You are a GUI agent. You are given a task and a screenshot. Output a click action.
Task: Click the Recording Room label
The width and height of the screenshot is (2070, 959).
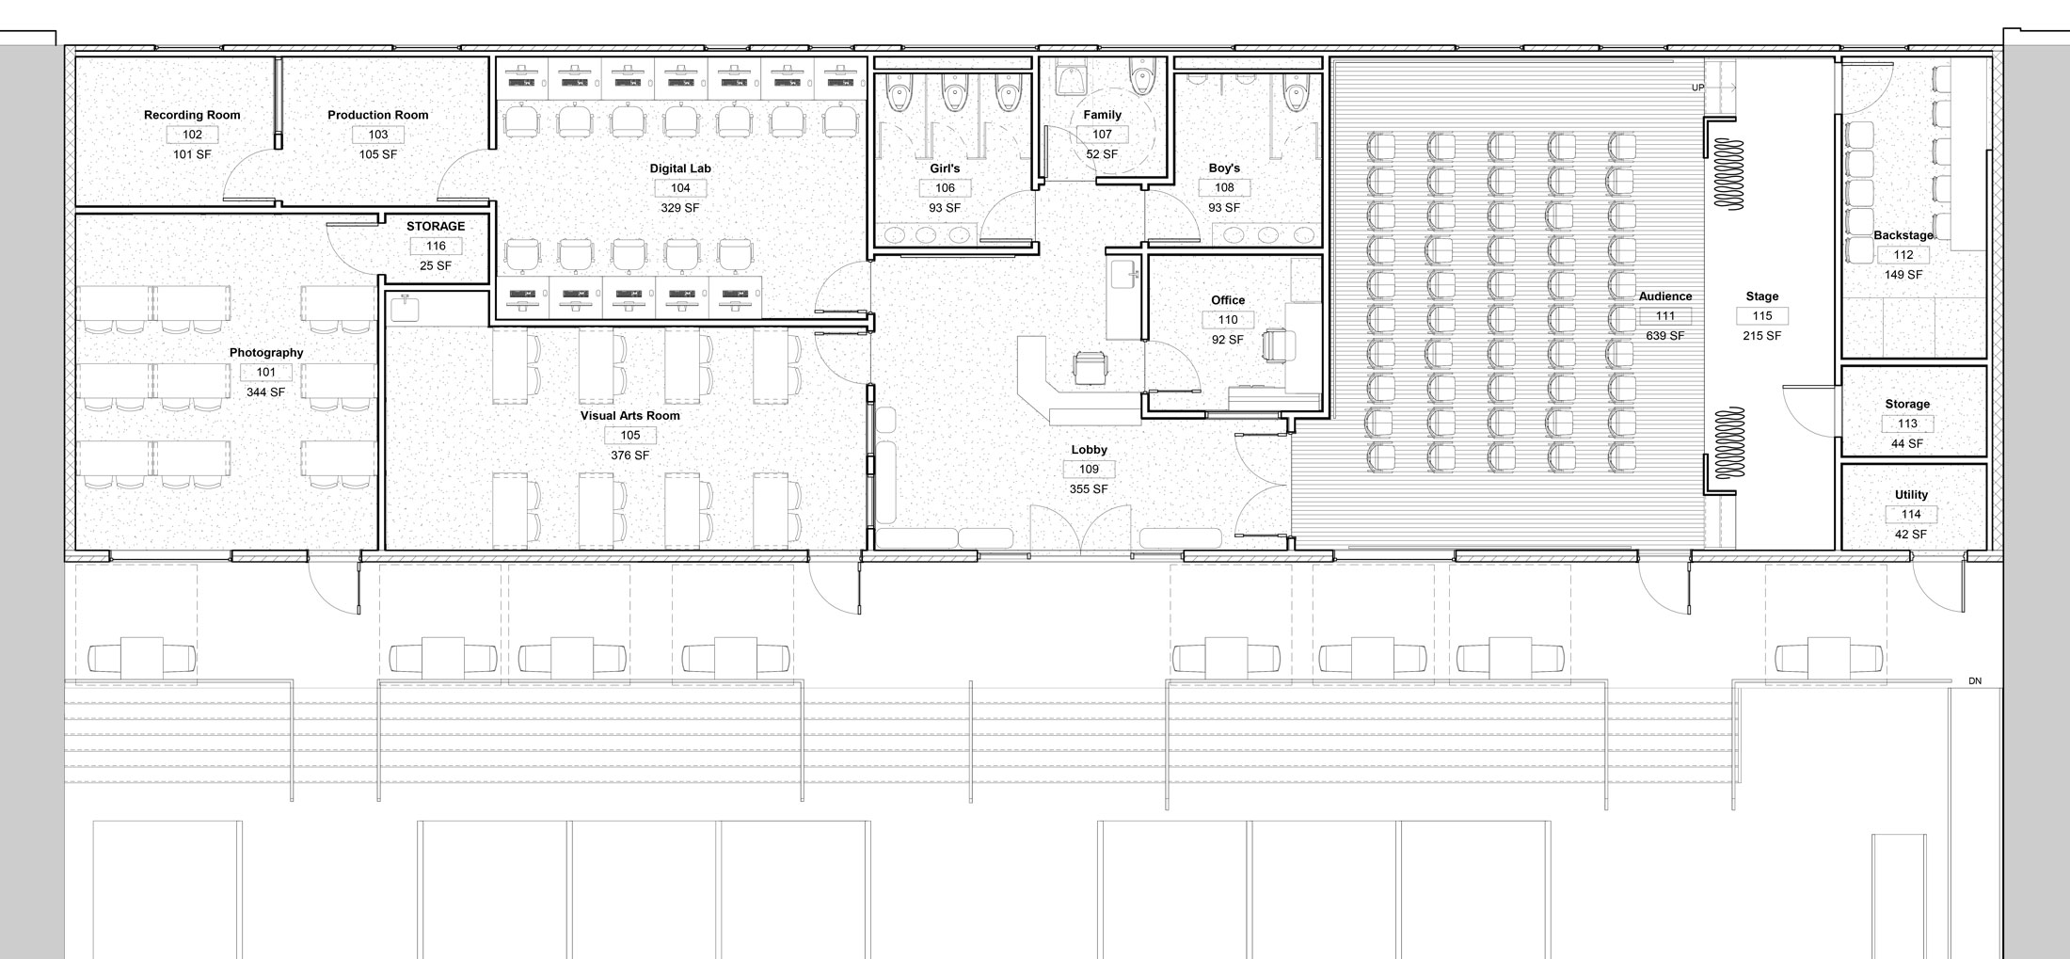point(192,115)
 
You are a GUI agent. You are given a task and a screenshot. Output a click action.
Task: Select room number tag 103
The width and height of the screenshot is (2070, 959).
point(378,135)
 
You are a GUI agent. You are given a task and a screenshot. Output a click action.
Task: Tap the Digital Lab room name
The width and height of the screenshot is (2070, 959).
point(680,168)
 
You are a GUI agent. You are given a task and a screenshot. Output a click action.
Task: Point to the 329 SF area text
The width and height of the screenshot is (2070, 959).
point(680,208)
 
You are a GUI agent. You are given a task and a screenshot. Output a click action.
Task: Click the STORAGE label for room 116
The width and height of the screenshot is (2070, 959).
point(436,226)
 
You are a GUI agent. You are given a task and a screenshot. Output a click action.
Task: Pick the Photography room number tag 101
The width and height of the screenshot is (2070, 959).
point(266,373)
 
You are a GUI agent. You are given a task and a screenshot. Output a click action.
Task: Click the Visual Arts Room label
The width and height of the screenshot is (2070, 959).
point(630,415)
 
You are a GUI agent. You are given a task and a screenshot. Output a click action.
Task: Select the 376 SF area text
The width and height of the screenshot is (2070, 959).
point(630,456)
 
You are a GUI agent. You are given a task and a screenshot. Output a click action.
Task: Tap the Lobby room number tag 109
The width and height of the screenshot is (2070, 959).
point(1089,470)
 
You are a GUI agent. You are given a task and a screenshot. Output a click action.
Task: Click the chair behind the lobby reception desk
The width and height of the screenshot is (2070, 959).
point(1090,366)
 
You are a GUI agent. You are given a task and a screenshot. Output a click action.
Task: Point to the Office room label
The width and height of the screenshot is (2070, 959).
point(1228,300)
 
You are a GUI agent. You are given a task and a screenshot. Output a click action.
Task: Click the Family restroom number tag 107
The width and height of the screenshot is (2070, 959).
point(1102,135)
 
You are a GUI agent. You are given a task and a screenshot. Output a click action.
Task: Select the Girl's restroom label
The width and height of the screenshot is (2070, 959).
point(945,168)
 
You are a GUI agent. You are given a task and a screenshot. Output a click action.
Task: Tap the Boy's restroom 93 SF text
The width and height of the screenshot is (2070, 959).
point(1224,207)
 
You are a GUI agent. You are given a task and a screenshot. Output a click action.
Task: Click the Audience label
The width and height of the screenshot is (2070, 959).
point(1665,296)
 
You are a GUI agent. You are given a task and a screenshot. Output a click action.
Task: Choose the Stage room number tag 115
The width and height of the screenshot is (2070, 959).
point(1762,316)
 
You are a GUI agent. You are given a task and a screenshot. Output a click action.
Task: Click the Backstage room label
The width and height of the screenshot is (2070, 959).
point(1903,235)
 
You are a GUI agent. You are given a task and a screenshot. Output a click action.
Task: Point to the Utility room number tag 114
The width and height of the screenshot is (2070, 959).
point(1911,515)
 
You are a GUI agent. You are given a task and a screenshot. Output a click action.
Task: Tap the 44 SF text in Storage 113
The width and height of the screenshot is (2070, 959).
point(1907,444)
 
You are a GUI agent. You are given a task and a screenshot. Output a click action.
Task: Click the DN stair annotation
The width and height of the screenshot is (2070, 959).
point(1975,681)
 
